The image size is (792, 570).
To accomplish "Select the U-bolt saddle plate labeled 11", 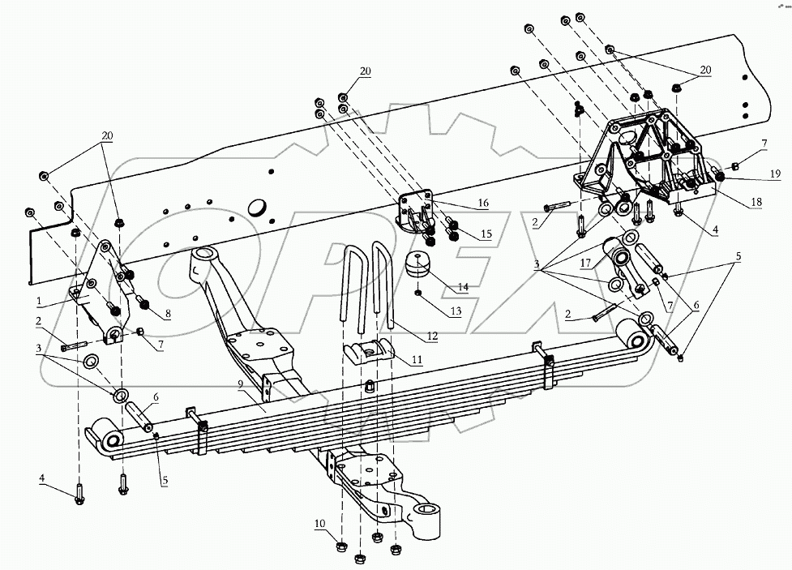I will click(373, 351).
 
